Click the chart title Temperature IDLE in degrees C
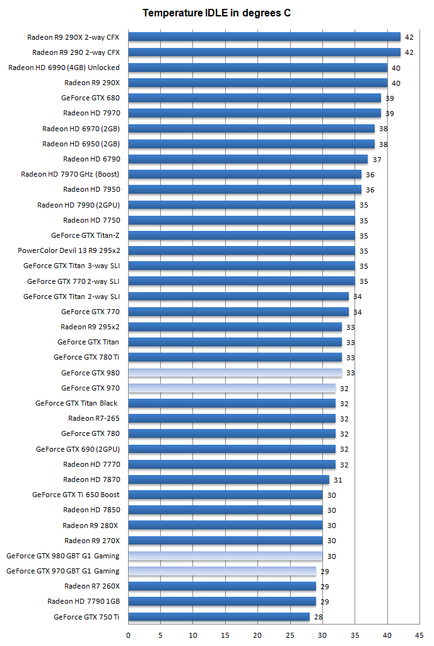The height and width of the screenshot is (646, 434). click(x=216, y=13)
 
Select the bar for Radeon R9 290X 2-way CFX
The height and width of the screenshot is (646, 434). click(x=264, y=37)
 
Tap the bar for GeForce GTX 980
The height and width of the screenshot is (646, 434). click(x=235, y=373)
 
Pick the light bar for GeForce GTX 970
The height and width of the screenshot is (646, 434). click(x=232, y=388)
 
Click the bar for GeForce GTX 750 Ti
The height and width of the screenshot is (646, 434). click(x=219, y=617)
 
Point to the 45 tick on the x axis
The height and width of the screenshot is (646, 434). click(x=419, y=635)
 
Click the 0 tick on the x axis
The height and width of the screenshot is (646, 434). click(x=129, y=635)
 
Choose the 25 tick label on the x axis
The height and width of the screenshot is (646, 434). click(x=290, y=635)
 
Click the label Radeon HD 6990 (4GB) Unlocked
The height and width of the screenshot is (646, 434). click(x=64, y=68)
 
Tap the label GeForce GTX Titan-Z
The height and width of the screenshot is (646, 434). click(x=85, y=235)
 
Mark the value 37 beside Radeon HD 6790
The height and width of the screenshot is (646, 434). click(x=377, y=159)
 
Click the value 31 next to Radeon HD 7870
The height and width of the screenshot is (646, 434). click(x=338, y=480)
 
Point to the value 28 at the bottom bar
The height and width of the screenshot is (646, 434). click(x=319, y=617)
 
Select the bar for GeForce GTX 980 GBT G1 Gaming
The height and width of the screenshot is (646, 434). click(x=225, y=556)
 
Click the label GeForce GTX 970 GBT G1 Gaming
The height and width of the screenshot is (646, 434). click(x=62, y=571)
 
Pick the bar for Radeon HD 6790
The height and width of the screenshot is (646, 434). click(x=248, y=159)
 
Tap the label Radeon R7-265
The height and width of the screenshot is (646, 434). click(x=93, y=418)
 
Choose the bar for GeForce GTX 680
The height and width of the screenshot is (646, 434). click(x=254, y=98)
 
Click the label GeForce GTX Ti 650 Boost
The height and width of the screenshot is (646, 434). click(x=76, y=495)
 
